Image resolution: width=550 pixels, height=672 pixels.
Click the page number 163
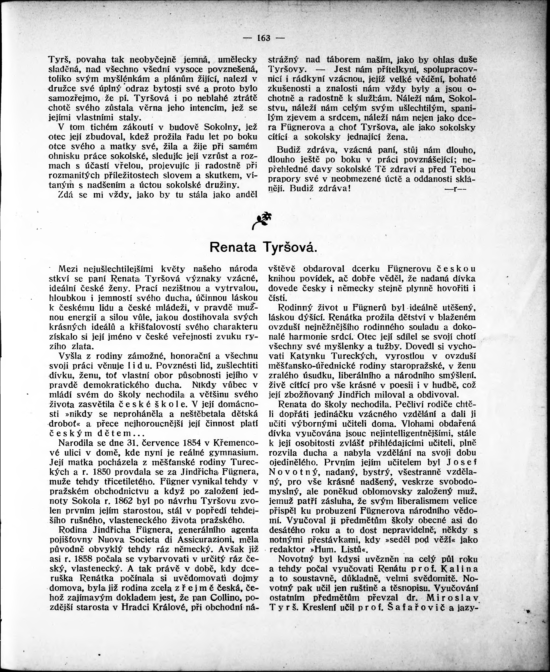pos(264,38)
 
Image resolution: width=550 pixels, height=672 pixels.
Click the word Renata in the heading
pos(233,247)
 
